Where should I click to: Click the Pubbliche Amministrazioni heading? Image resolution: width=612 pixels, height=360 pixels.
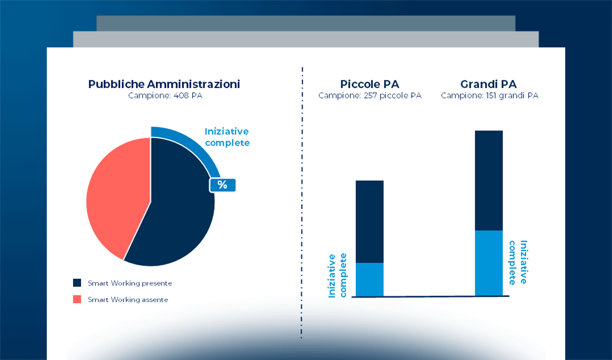tap(164, 84)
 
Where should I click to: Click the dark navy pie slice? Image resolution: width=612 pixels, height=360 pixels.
tap(177, 216)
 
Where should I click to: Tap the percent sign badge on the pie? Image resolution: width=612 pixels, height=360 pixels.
tap(222, 185)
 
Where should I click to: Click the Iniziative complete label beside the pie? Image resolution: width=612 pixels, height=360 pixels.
tap(227, 137)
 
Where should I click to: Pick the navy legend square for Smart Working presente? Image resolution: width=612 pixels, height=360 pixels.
tap(77, 283)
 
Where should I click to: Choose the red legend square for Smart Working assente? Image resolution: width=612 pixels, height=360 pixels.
tap(77, 299)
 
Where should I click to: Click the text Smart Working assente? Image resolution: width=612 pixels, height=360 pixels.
tap(128, 300)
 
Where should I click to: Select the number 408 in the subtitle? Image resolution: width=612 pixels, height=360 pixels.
tap(181, 96)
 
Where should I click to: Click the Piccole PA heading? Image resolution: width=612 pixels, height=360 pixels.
tap(370, 84)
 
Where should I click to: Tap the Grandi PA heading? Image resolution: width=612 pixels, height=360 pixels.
tap(488, 84)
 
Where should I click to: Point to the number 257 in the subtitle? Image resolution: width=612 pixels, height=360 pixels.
tap(370, 96)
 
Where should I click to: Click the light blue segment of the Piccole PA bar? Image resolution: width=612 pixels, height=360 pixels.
tap(370, 280)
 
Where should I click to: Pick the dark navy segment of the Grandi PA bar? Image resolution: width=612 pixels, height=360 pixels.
tap(489, 180)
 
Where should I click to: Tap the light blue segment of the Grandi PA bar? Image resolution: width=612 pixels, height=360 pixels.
tap(489, 263)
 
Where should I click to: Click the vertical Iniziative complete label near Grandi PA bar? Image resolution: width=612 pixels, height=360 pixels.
tap(518, 262)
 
